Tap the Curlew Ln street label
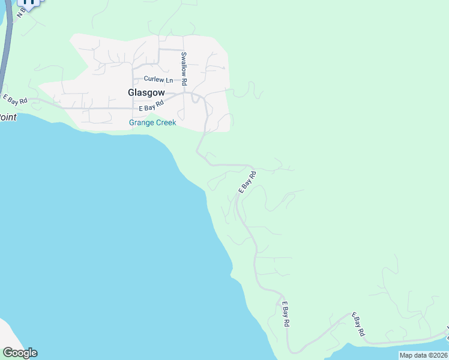[x=158, y=79]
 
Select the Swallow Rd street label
[x=185, y=68]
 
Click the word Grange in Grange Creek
[x=142, y=123]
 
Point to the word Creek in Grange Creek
[x=166, y=123]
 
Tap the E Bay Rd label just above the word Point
[x=15, y=100]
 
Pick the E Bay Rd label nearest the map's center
[x=247, y=182]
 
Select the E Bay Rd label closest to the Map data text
[x=358, y=323]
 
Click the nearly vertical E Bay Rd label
[x=286, y=314]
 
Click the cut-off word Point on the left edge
[x=7, y=117]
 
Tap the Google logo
[x=20, y=353]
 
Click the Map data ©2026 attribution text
[x=424, y=355]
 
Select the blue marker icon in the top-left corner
[x=28, y=2]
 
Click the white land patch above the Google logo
[x=7, y=333]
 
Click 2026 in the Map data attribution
[x=438, y=355]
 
